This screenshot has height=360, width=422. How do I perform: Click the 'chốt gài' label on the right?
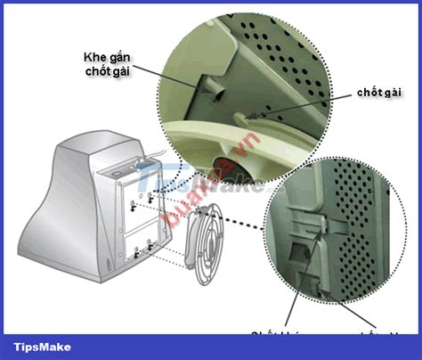pos(379,93)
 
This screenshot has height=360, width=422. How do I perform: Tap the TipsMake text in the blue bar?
pos(43,347)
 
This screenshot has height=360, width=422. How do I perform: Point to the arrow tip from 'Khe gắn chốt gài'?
pos(198,87)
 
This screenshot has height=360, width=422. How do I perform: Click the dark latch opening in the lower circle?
pos(294,254)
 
